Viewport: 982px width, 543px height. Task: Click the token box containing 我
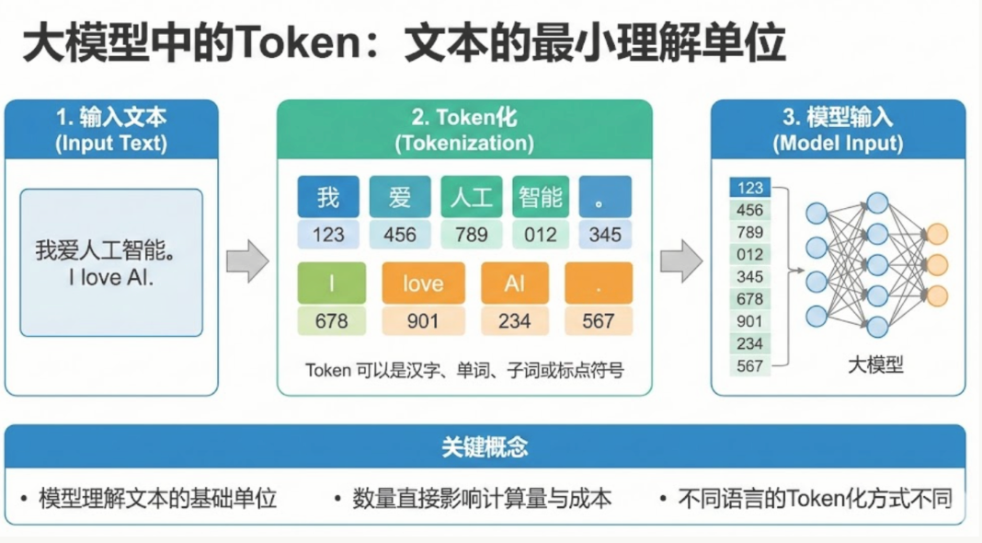tap(328, 197)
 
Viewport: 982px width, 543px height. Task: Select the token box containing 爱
tap(400, 197)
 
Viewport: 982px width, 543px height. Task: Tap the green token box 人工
tap(471, 197)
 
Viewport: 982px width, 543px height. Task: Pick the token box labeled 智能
tap(541, 197)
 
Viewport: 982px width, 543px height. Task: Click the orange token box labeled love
tap(423, 283)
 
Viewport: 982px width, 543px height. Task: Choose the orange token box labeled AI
tap(515, 283)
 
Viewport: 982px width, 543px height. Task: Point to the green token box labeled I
tap(332, 283)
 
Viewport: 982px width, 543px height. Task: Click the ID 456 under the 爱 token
tap(400, 235)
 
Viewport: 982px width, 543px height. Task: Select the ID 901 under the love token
tap(423, 320)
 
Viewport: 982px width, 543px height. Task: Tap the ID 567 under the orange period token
tap(599, 320)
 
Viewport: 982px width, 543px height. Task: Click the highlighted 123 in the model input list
tap(750, 188)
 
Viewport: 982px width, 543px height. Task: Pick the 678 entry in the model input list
tap(750, 298)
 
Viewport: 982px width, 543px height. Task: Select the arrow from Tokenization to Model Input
tap(681, 261)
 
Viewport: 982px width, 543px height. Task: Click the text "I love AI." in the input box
tap(111, 276)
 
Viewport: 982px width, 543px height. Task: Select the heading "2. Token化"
tap(464, 118)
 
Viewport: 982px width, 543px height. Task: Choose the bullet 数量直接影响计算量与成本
tap(481, 499)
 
